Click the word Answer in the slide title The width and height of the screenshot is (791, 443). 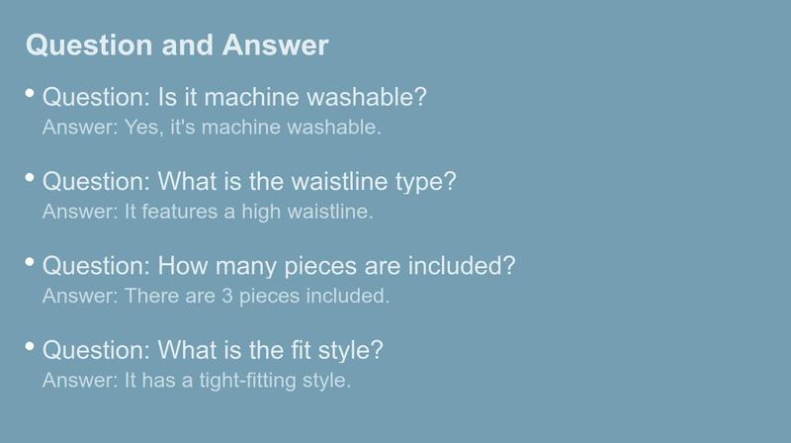276,44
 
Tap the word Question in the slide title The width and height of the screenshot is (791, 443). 89,45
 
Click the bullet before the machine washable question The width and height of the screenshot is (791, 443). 30,93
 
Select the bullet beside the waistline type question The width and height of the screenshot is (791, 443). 30,177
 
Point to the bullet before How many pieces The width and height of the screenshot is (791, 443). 30,261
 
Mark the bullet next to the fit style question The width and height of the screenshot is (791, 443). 30,346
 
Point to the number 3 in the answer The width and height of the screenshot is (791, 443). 227,296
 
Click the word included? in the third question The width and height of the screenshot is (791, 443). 462,265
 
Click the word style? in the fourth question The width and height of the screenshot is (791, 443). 351,351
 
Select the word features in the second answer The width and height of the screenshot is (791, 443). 180,212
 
